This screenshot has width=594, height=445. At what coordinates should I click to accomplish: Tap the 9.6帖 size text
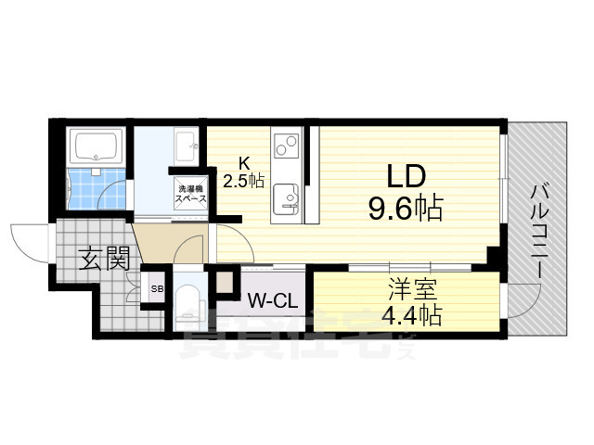click(x=405, y=208)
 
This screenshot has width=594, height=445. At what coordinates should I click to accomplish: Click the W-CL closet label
click(x=271, y=299)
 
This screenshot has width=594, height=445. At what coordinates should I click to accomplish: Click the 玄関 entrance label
click(x=103, y=259)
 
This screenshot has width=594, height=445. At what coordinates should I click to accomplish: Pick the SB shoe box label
click(x=157, y=289)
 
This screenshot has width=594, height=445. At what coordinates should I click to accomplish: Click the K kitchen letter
click(x=245, y=160)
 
